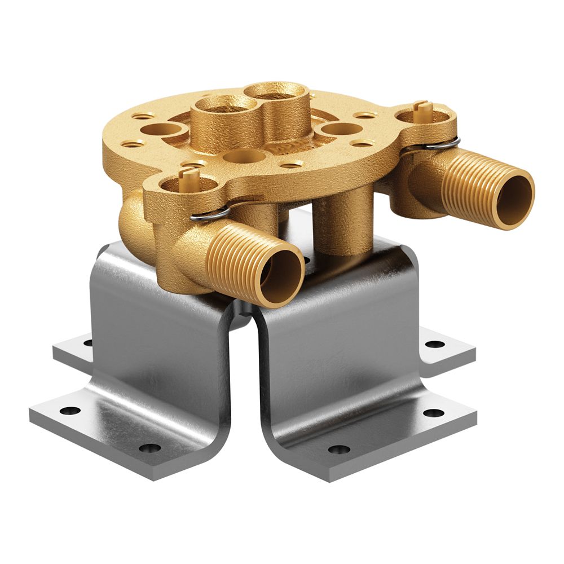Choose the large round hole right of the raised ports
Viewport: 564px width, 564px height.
point(338,129)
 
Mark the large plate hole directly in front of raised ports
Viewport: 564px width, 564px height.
point(245,156)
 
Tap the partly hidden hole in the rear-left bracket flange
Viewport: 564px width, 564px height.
point(88,341)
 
